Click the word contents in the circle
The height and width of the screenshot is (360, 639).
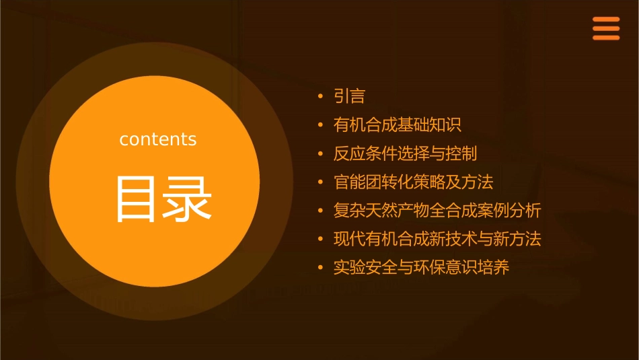point(158,139)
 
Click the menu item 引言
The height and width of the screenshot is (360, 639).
point(349,96)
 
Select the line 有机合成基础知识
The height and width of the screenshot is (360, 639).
point(397,124)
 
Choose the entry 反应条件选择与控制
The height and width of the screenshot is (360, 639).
point(405,153)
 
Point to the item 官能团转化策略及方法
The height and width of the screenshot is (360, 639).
point(413,182)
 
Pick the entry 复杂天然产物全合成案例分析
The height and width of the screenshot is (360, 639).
point(437,211)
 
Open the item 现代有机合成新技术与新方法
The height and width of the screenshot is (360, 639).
point(437,239)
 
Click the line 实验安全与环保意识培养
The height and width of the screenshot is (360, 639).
point(421,268)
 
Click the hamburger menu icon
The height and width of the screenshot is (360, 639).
point(606,29)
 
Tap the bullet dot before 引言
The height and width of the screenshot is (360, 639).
point(321,97)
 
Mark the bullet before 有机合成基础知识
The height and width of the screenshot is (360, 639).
point(321,125)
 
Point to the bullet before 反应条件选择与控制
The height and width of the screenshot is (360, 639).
point(321,154)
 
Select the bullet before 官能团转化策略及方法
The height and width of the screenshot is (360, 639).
point(321,182)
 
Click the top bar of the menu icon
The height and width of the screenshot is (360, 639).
point(606,20)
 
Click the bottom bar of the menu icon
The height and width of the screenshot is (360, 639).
point(606,38)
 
